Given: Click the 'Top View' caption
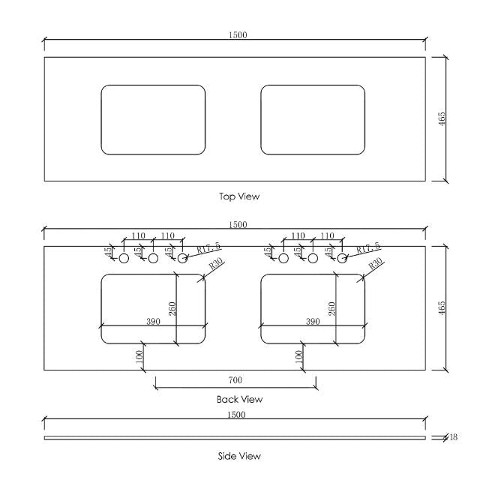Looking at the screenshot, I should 239,196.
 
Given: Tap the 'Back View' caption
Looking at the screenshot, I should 239,399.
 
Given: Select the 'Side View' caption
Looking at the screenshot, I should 239,455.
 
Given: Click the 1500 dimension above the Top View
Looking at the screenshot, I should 237,35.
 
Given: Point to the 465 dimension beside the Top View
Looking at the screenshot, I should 442,118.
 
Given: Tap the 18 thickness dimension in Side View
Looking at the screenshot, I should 453,437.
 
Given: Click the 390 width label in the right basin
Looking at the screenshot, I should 313,321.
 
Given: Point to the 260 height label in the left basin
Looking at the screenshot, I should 172,308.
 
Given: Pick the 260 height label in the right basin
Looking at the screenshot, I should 331,308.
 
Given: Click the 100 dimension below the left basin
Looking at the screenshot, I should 139,355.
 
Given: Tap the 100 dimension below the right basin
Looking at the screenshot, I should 298,355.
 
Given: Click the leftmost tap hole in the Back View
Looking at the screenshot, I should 124,259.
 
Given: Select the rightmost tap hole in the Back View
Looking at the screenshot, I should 341,259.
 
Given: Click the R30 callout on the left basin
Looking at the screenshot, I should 216,265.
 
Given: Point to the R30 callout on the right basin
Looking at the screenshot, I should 376,263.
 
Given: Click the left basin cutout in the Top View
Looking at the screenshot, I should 153,120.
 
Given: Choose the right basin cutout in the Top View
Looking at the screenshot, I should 313,120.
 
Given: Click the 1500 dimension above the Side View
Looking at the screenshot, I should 237,414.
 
